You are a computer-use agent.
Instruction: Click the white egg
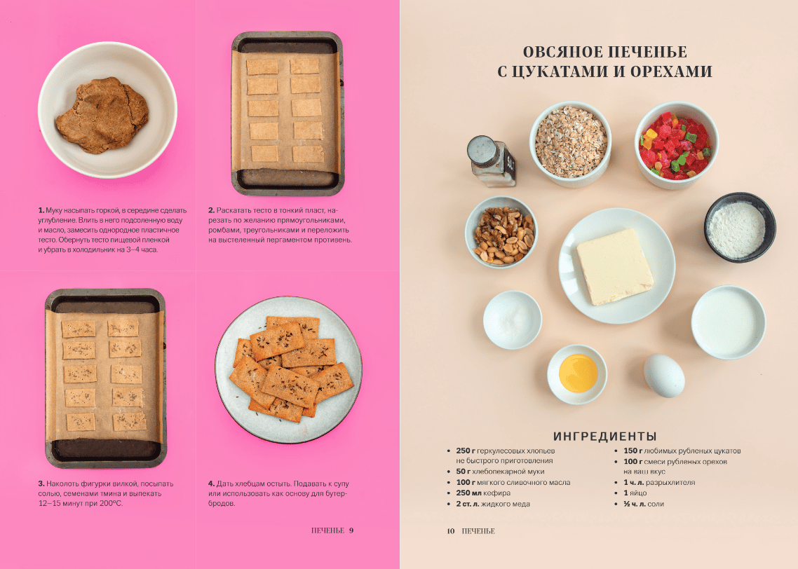[663, 376]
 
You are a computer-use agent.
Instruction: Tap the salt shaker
[491, 161]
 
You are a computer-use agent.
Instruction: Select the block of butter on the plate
[614, 266]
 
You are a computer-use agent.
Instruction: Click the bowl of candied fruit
[677, 146]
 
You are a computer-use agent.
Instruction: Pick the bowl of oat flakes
[571, 144]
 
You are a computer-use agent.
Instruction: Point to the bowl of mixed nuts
[501, 233]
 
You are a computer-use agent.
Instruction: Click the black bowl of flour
[740, 227]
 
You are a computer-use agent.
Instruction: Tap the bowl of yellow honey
[577, 374]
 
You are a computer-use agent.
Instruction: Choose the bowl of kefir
[729, 322]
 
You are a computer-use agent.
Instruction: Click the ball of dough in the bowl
[102, 116]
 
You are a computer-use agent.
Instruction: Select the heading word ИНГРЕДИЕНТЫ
[604, 437]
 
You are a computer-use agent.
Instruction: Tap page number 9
[351, 530]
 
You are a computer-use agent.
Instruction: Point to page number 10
[451, 531]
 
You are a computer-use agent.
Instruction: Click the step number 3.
[41, 484]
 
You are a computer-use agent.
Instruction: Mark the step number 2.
[211, 210]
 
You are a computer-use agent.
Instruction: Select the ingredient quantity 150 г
[633, 451]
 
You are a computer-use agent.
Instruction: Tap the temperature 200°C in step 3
[110, 503]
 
